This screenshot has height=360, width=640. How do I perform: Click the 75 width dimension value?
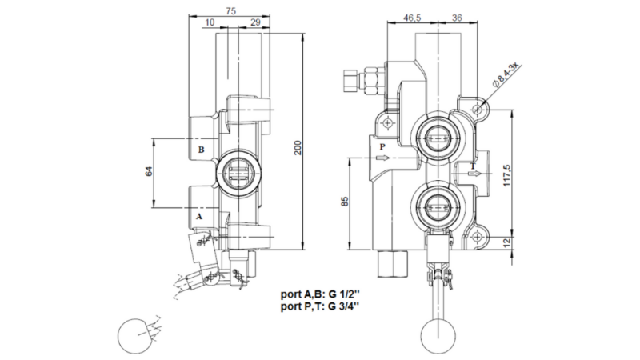tap(230, 11)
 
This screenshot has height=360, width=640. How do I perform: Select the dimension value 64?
tap(149, 174)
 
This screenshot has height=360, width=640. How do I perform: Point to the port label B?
tap(202, 150)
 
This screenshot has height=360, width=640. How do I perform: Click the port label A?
tap(200, 216)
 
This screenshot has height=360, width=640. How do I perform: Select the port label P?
tap(382, 147)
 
